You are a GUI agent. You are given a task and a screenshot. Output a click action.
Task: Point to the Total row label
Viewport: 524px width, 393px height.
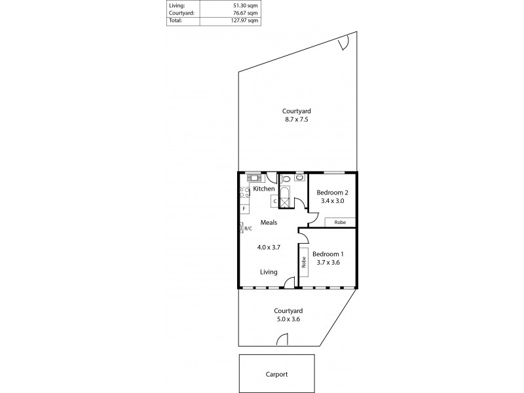point(175,20)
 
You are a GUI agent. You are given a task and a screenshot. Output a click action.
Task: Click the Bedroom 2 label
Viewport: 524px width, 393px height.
point(332,193)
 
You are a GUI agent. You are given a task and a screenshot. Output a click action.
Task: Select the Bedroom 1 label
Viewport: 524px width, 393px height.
point(327,253)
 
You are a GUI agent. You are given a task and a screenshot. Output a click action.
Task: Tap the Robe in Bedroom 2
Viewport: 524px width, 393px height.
point(340,223)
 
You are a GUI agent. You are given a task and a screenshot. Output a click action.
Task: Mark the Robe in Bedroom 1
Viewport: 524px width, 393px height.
point(304,262)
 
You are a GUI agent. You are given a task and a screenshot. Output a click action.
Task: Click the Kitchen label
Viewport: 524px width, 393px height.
point(264,189)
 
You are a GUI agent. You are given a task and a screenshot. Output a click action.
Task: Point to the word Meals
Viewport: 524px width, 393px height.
point(269,223)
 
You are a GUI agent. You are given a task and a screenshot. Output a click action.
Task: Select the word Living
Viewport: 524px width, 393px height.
point(268,272)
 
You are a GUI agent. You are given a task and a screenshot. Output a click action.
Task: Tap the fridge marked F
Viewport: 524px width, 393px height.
point(244,209)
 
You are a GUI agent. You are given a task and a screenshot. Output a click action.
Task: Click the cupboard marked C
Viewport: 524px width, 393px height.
point(274,201)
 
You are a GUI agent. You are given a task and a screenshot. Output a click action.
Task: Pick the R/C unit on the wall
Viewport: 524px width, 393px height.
point(242,228)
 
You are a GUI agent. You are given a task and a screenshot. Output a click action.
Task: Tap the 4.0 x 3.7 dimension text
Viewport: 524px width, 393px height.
point(269,248)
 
